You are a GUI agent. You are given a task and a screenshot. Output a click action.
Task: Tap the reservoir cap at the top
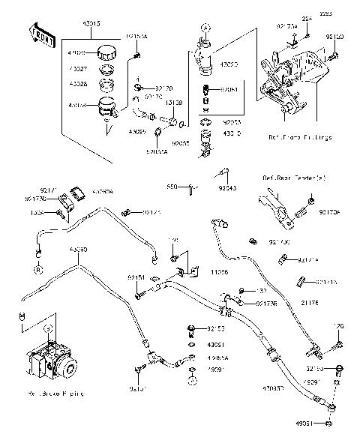[x=109, y=54]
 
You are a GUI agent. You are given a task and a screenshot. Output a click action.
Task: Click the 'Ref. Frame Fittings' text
[x=300, y=137]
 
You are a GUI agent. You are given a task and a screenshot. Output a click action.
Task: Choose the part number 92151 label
[x=136, y=277]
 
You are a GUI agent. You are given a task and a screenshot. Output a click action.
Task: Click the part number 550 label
[x=191, y=187]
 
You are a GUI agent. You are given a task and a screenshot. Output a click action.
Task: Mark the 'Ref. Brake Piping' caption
[x=52, y=392]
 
